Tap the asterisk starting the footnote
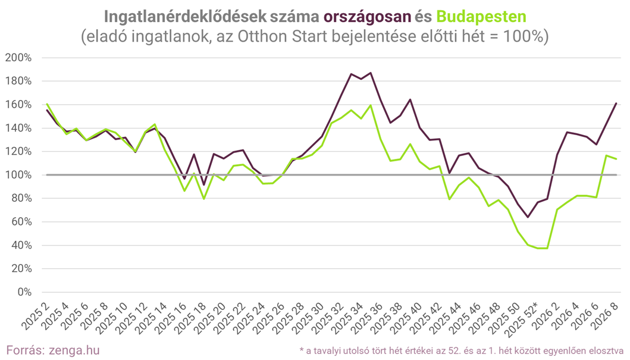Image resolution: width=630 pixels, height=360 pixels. [302, 350]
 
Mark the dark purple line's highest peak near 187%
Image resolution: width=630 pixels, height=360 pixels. [371, 73]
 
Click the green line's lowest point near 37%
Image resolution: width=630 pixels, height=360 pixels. [542, 248]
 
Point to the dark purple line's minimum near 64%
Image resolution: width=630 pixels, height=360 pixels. [527, 217]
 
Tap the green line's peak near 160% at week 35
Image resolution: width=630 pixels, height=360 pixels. [371, 105]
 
